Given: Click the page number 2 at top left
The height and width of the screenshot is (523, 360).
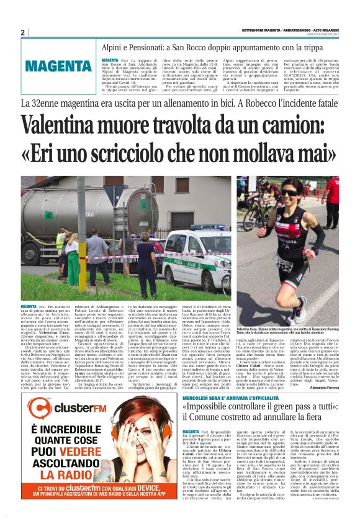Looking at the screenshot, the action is coord(23,32).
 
